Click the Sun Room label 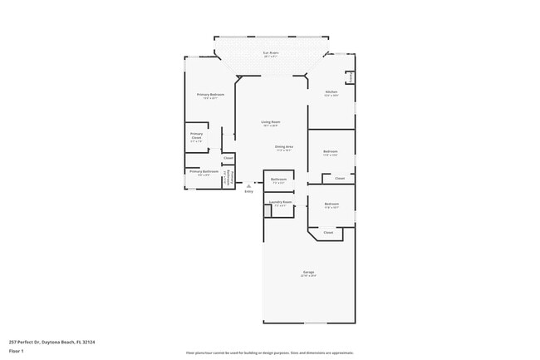tap(270, 53)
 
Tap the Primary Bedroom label tap(210, 95)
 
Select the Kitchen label tap(331, 91)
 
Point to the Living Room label tap(270, 122)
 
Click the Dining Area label tap(284, 146)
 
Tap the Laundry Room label tap(280, 202)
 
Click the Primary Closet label tap(196, 136)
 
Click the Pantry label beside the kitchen tap(351, 76)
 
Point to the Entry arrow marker tap(248, 185)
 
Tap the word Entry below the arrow tap(248, 191)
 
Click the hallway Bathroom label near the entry tap(278, 179)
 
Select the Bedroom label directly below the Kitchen tap(331, 150)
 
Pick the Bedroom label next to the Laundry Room tap(331, 204)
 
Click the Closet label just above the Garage tap(328, 233)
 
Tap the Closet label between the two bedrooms tap(339, 179)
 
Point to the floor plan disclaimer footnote tap(269, 353)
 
